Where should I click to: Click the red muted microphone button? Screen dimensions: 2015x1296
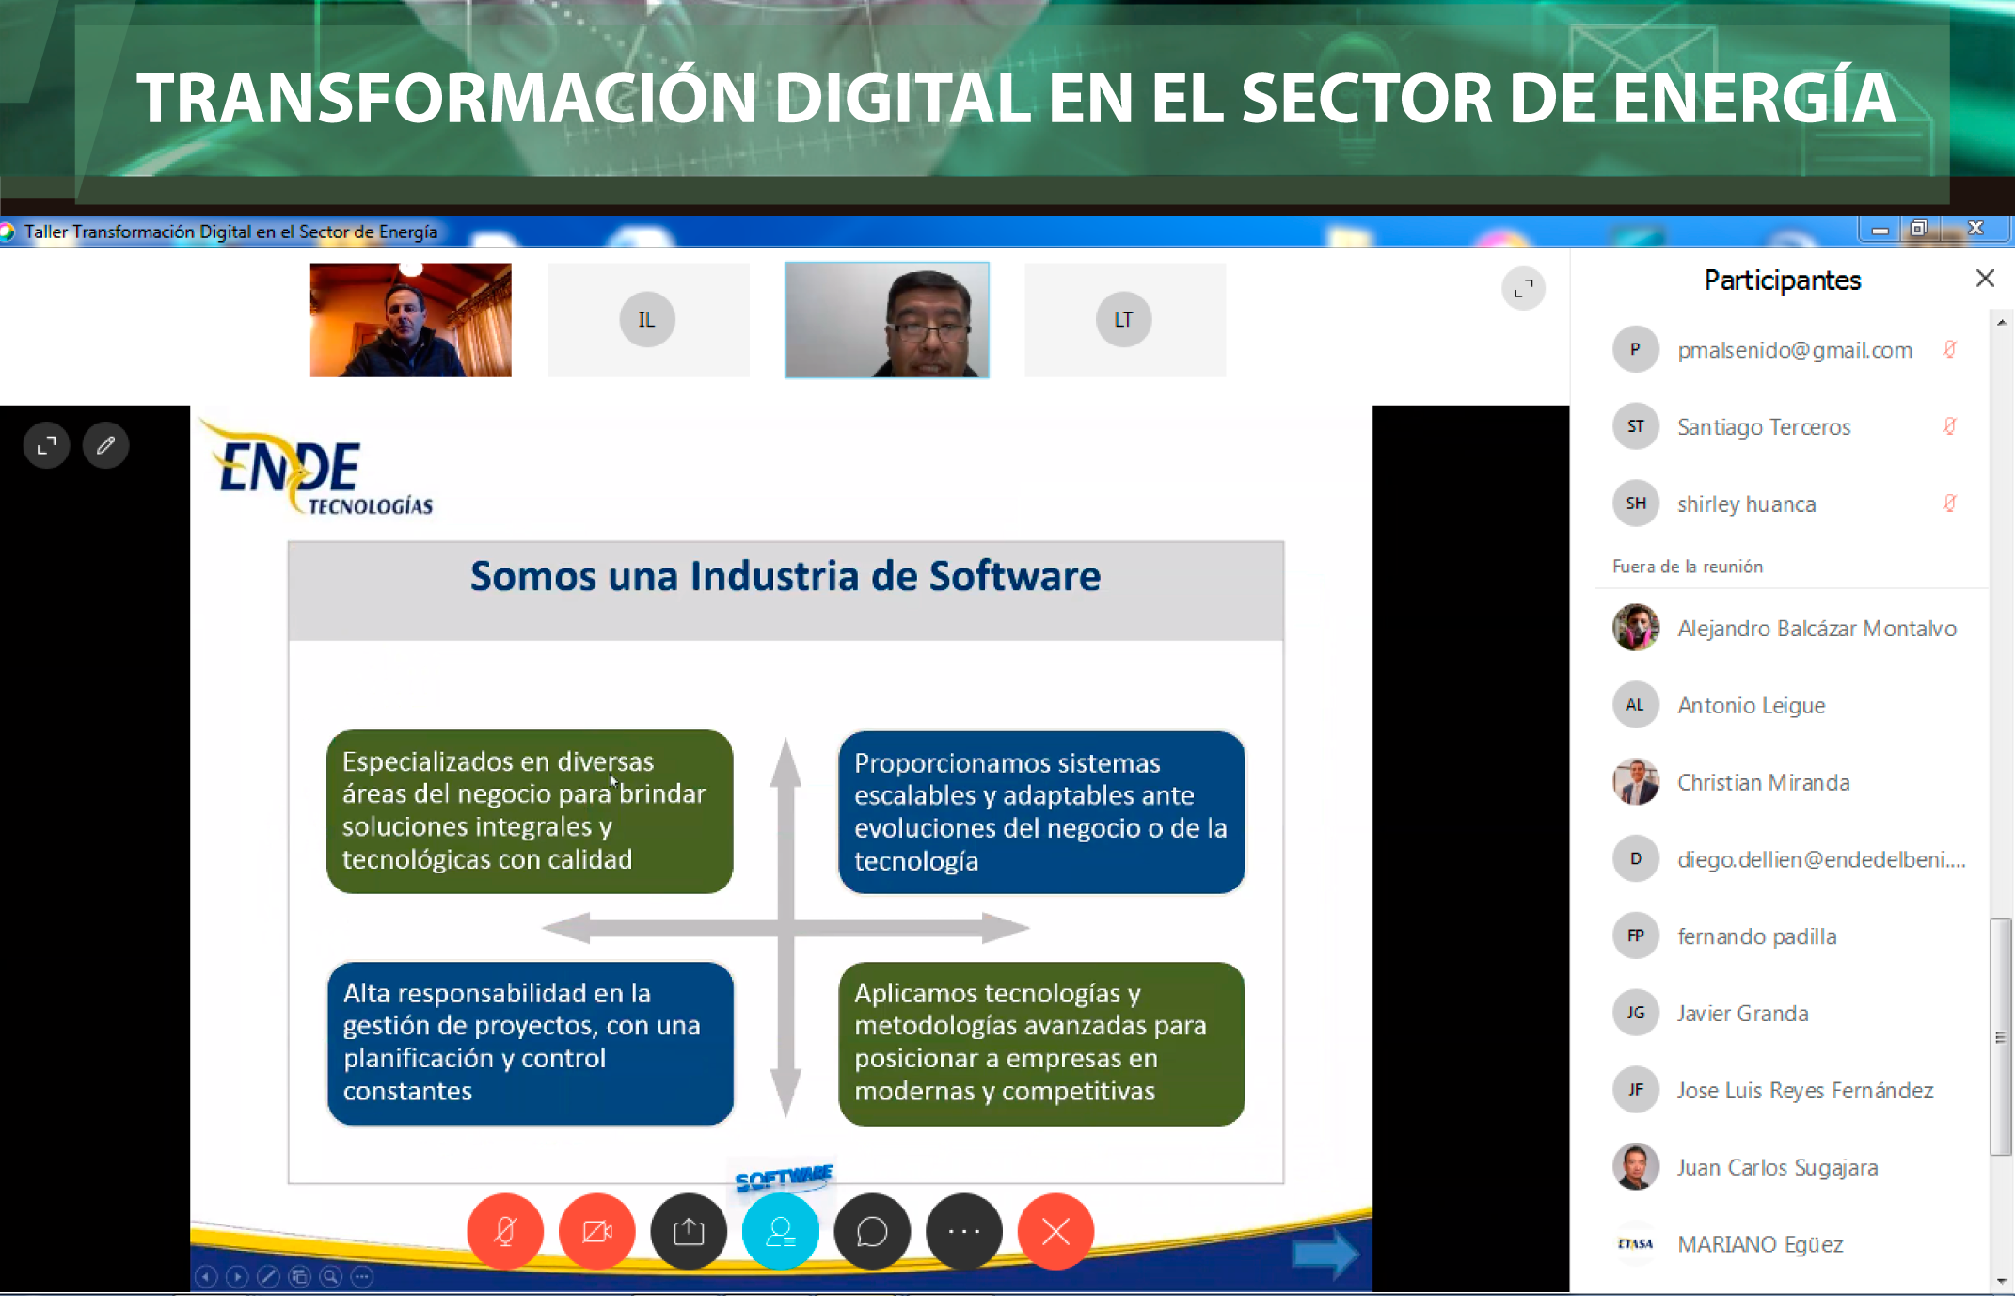tap(505, 1231)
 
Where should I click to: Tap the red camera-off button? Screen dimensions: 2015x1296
tap(596, 1231)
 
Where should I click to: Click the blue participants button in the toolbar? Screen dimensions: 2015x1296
tap(781, 1231)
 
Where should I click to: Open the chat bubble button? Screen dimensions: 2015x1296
tap(872, 1231)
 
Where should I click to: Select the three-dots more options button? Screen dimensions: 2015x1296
tap(964, 1231)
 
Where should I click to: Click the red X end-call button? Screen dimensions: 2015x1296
tap(1055, 1231)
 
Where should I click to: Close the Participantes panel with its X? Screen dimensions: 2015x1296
tap(1985, 278)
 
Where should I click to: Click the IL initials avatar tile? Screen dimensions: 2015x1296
tap(647, 320)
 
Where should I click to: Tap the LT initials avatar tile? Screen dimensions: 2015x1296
tap(1123, 320)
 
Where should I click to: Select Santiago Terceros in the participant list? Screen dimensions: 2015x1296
tap(1764, 427)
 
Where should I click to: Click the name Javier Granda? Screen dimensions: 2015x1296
tap(1742, 1014)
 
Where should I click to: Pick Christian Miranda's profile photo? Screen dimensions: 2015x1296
tap(1636, 782)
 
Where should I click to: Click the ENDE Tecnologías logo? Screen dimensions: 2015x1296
tap(317, 468)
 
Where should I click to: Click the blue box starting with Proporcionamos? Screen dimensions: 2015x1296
tap(1041, 812)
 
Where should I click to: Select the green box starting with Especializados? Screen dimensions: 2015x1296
tap(530, 811)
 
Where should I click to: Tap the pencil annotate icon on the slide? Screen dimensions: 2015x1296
tap(105, 445)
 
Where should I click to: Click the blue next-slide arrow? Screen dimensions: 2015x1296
tap(1325, 1254)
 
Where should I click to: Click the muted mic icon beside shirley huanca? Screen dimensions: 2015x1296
tap(1950, 504)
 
